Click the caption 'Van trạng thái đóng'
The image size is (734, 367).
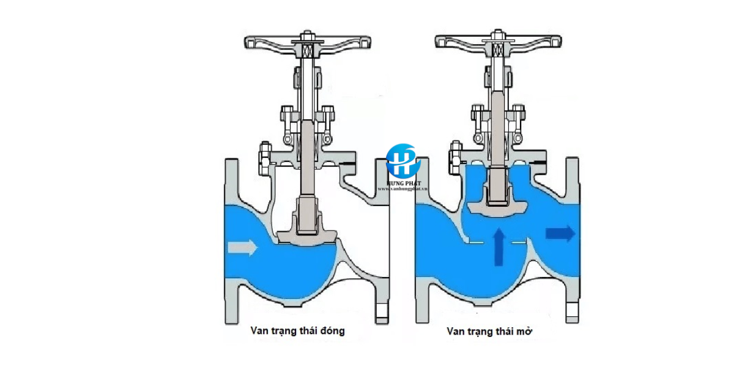(x=297, y=331)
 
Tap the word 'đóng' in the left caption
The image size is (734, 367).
(x=331, y=331)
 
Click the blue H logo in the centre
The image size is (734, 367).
(x=401, y=161)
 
